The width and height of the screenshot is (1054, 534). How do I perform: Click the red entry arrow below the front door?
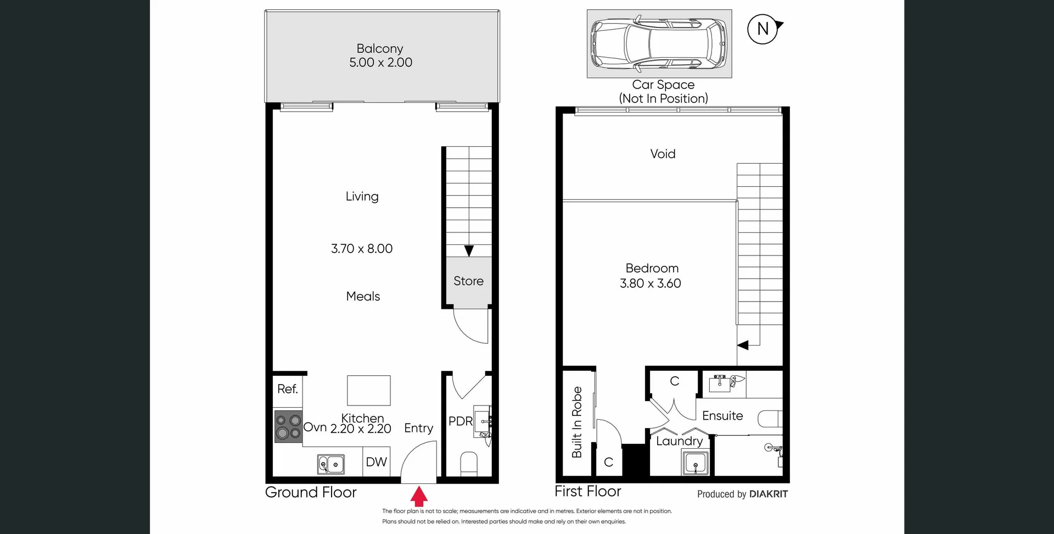coord(419,496)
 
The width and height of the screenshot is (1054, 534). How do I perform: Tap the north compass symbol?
coord(763,29)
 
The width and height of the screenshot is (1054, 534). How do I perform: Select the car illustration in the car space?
coord(658,43)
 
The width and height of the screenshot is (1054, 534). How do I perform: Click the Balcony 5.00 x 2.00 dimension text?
coord(380,63)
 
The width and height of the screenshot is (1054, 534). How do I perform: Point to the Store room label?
coord(468,281)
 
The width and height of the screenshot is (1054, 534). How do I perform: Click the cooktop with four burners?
coord(288,427)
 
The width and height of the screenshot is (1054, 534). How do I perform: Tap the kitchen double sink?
coord(331,464)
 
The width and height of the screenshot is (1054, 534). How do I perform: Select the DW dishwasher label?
coord(376,462)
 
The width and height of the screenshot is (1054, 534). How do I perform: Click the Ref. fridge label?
coord(287,389)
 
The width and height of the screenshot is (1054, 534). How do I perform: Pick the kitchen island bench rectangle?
coord(368,390)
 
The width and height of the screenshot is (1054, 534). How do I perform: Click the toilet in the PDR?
coord(469,463)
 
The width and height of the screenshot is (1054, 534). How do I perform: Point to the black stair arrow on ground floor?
coord(469,251)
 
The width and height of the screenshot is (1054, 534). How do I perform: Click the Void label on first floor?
coord(663,154)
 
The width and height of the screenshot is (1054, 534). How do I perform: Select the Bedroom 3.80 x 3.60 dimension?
coord(651,283)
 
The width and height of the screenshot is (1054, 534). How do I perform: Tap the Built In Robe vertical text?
coord(576,422)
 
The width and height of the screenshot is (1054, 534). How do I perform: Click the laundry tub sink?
coord(695,461)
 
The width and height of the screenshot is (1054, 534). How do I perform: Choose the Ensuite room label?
coord(722,416)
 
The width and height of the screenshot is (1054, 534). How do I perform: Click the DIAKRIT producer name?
coord(769,494)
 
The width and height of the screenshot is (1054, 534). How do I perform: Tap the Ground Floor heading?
coord(311,492)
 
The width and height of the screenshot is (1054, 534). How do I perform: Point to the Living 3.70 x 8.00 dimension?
coord(362,249)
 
